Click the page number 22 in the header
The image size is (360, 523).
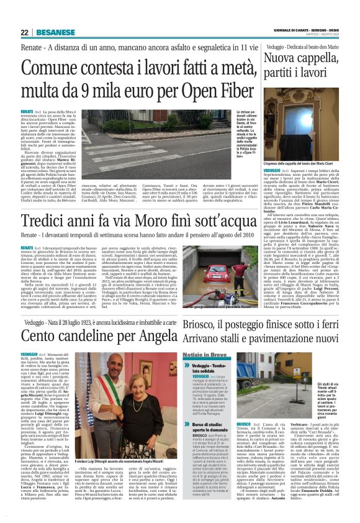[x=24, y=32]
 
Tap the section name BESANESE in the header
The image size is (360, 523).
[x=51, y=32]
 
